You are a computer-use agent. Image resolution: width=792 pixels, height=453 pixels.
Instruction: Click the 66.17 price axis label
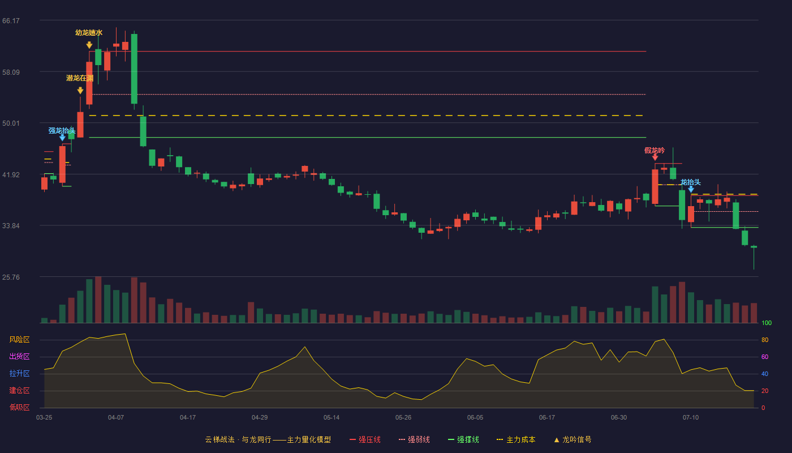[11, 21]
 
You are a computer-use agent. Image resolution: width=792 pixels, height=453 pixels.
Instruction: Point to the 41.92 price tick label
[11, 175]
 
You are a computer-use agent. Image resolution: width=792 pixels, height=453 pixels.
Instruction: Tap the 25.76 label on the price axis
[11, 277]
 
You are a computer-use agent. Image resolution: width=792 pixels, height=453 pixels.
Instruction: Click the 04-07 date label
[116, 418]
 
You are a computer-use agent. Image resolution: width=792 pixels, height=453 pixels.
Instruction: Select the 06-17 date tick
[547, 418]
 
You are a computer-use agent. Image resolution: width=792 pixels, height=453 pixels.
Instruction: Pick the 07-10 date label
[691, 418]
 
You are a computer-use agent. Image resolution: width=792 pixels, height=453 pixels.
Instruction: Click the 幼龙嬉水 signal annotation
[89, 33]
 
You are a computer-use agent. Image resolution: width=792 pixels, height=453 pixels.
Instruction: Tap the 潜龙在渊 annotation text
[80, 78]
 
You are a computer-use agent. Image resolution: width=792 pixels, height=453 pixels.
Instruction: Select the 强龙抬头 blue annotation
[62, 131]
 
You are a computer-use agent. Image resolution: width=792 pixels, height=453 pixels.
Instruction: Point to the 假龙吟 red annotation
[655, 151]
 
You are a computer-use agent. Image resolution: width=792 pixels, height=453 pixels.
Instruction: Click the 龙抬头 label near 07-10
[691, 182]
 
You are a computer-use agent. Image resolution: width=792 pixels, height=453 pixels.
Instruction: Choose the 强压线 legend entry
[365, 439]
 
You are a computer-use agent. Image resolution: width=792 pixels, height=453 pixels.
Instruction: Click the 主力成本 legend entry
[516, 439]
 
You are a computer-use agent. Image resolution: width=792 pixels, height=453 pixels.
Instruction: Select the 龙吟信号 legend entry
[573, 439]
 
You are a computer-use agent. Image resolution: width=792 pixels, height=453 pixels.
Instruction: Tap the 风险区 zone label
[19, 340]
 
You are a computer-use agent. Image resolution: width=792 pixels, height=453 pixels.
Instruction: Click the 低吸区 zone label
[19, 408]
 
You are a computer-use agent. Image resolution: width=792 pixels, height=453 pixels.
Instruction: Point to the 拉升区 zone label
[19, 374]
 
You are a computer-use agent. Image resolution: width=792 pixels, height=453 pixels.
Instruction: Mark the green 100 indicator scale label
[767, 323]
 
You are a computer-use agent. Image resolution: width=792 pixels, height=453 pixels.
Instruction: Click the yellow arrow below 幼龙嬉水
[89, 45]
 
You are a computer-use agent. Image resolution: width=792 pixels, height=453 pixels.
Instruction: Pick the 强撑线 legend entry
[463, 439]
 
